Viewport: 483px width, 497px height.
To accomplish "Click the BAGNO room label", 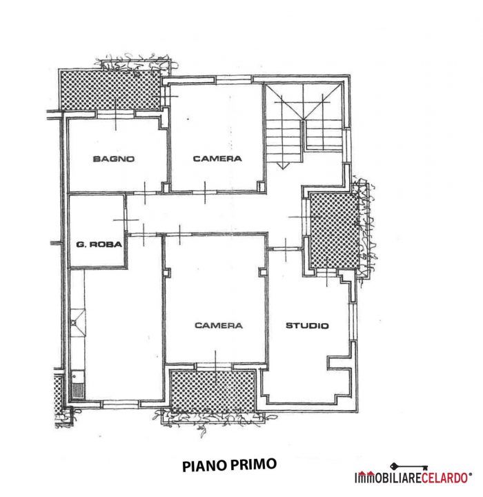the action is pos(114,159).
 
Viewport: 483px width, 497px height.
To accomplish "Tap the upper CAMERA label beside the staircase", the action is pos(217,159).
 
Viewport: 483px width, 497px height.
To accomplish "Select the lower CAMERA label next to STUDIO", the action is pos(219,325).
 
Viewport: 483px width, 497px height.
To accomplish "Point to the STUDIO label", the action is pos(307,326).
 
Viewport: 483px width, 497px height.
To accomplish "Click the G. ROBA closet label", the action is pos(99,244).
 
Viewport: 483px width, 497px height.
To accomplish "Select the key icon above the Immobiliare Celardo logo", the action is pos(409,467).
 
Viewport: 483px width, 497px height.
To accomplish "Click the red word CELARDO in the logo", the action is pos(444,478).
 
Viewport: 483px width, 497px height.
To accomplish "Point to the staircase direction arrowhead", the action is pos(283,166).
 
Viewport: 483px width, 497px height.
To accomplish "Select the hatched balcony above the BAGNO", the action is pos(110,90).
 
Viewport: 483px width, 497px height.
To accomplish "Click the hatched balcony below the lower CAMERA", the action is pos(213,391).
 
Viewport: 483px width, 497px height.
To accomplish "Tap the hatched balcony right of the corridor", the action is pos(335,231).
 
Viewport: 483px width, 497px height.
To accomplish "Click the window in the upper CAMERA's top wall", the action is pos(234,80).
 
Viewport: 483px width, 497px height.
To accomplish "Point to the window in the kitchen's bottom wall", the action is pos(121,404).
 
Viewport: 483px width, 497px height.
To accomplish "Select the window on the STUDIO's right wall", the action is pos(353,322).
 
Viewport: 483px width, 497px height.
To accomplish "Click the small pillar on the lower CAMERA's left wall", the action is pos(167,273).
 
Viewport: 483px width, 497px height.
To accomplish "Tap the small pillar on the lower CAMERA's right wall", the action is pos(262,272).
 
